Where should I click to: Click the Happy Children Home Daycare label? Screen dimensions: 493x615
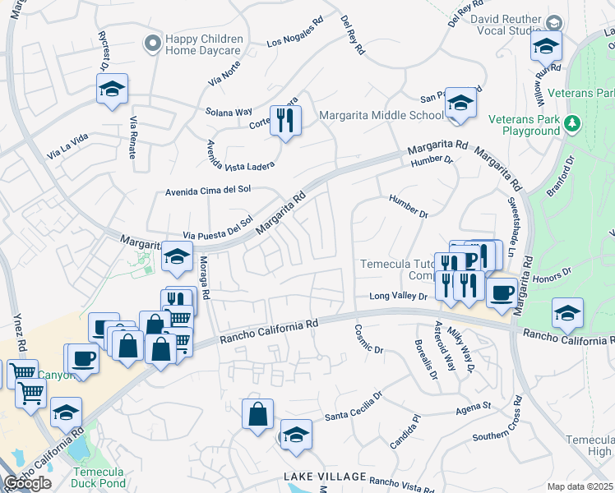(x=204, y=44)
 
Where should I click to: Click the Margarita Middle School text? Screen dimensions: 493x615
(x=381, y=115)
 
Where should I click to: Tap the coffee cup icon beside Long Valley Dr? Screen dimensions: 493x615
(x=501, y=292)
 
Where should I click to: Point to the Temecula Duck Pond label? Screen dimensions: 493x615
(x=99, y=477)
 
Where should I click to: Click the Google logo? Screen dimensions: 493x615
(x=27, y=483)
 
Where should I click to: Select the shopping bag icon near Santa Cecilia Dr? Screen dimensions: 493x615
(x=257, y=413)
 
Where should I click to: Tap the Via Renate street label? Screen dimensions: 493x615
(x=132, y=137)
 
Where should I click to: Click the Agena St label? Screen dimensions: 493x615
(x=474, y=406)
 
